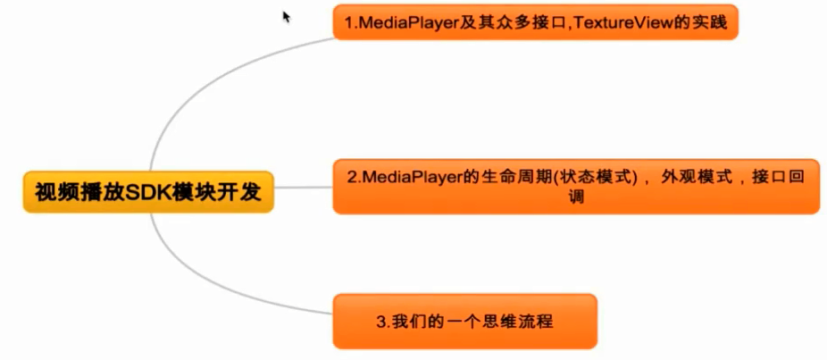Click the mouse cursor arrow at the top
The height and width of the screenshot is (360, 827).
coord(287,16)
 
